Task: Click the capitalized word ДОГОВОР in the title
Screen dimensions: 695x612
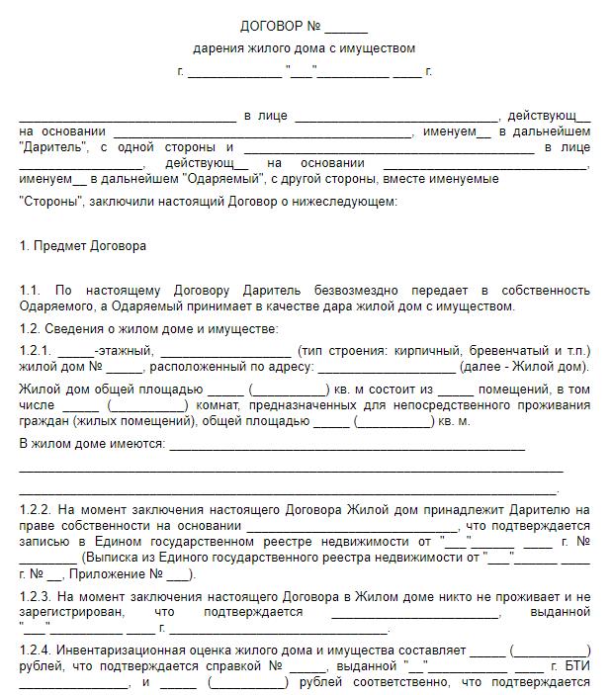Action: point(268,26)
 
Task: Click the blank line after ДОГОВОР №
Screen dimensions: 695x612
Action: point(346,27)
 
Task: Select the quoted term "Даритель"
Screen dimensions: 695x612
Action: point(49,147)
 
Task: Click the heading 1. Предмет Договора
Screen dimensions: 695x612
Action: point(83,246)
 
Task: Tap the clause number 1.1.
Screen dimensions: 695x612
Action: point(31,291)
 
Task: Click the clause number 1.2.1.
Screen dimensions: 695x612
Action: point(36,351)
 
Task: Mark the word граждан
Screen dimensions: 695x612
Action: point(42,421)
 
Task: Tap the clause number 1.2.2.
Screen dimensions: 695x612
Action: point(36,509)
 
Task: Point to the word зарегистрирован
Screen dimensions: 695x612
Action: point(65,613)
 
